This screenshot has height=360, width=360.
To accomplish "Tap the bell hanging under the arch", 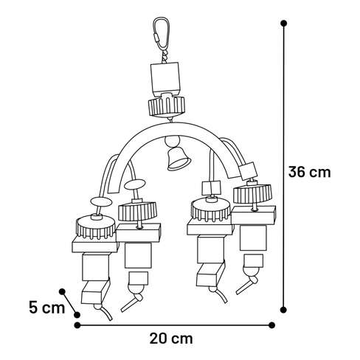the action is click(x=179, y=159).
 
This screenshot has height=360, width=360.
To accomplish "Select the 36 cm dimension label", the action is click(x=309, y=172).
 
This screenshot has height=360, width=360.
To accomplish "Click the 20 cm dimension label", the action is click(x=171, y=339).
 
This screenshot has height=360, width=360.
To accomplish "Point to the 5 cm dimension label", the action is click(x=46, y=308).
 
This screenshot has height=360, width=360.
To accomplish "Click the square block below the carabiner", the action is click(x=165, y=79).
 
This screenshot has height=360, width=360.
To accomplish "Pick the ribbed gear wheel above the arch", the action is click(x=167, y=106).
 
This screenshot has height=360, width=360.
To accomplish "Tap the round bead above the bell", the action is click(x=172, y=142).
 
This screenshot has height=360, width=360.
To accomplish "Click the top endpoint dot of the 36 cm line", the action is click(x=283, y=24).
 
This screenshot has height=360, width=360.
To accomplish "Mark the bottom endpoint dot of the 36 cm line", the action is click(x=283, y=310).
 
